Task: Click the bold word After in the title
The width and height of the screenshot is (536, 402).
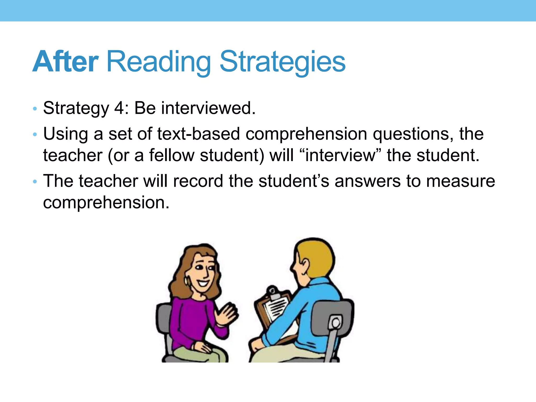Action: tap(65, 62)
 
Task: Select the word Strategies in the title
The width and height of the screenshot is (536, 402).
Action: tap(283, 62)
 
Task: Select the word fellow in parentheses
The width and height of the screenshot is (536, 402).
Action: tap(172, 155)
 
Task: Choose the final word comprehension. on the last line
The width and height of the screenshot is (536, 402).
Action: tap(106, 203)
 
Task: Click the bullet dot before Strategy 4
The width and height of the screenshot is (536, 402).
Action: tap(35, 109)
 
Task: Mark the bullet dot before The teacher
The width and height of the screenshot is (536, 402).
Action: tap(35, 181)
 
